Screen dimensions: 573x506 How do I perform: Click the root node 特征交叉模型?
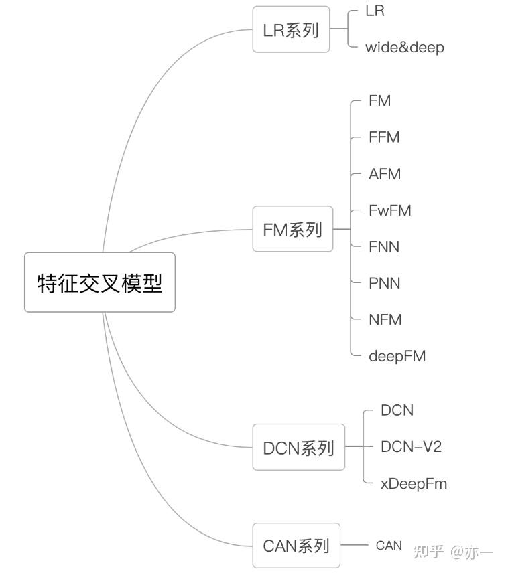[x=99, y=282]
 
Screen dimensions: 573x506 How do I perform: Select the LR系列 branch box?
[x=291, y=29]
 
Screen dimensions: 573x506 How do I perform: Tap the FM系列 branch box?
[x=292, y=229]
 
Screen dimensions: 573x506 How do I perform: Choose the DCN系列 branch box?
[x=298, y=447]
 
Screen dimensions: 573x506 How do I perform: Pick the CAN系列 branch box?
[x=296, y=546]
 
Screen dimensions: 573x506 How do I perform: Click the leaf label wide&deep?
[x=404, y=48]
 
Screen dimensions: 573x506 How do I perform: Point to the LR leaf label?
[x=375, y=11]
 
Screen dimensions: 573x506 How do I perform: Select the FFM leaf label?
[x=383, y=137]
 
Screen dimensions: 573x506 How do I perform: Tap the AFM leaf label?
[x=384, y=174]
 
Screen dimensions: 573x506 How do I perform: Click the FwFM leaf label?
[x=389, y=211]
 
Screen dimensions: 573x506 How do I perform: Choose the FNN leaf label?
[x=383, y=247]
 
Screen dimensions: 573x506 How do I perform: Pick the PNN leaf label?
[x=384, y=284]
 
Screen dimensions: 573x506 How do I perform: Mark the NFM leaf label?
[x=385, y=320]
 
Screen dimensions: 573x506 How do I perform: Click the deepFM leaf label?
[x=397, y=356]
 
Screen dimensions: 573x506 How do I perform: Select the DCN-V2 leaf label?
[x=411, y=446]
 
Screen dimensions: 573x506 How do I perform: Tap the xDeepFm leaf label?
[x=413, y=483]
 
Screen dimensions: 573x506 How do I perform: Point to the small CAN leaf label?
[x=389, y=546]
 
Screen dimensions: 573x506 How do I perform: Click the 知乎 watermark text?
[x=429, y=552]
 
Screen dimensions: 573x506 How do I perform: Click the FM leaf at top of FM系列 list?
[x=379, y=101]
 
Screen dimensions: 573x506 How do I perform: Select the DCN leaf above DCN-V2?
[x=397, y=410]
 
